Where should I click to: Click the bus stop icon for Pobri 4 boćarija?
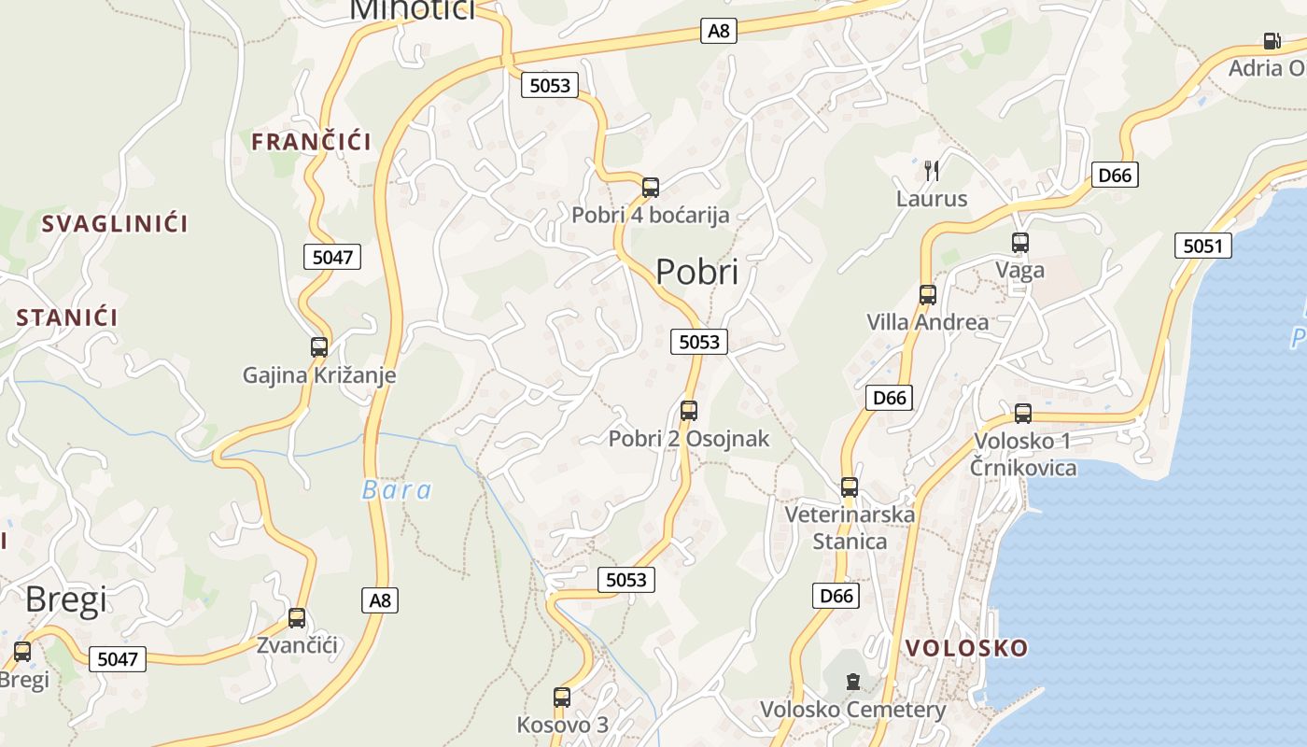[651, 188]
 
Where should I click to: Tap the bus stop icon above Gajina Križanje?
[319, 347]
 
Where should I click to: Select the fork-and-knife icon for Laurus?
[931, 170]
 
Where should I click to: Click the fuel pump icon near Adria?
[1271, 41]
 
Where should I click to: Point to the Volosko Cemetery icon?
[852, 682]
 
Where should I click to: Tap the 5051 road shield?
[1202, 246]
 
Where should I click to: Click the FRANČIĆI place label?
[311, 142]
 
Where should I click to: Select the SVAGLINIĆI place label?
[114, 224]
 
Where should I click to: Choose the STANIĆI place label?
[67, 317]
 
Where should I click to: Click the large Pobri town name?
[696, 272]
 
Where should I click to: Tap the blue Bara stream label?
[397, 490]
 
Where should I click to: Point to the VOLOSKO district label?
[966, 648]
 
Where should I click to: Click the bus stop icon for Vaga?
[1020, 243]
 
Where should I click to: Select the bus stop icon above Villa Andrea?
[927, 295]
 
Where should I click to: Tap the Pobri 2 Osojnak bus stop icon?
[689, 410]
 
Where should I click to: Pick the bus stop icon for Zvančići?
[297, 617]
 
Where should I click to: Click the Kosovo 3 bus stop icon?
[562, 697]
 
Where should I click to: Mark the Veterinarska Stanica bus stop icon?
[850, 486]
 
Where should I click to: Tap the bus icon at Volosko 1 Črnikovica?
[1023, 413]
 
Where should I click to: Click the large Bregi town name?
[65, 599]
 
